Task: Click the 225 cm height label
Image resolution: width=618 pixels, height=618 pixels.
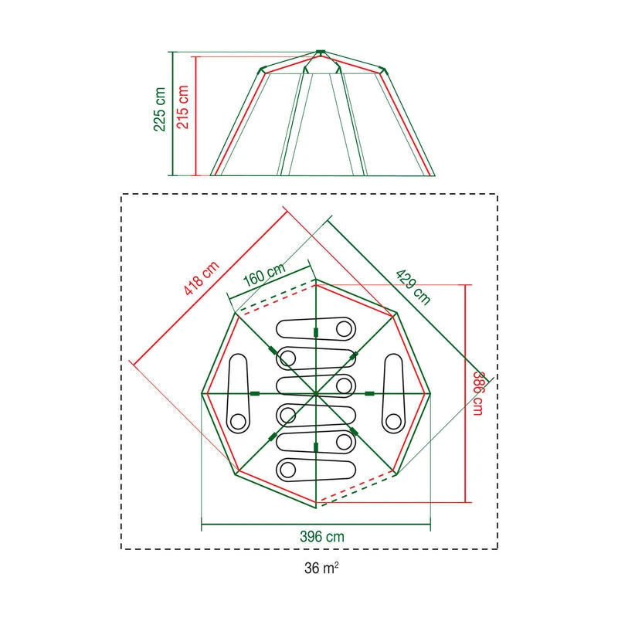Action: [x=160, y=109]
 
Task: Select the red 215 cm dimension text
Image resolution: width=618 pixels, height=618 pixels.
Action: [x=183, y=109]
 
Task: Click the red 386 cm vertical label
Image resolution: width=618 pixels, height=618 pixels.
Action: [x=479, y=392]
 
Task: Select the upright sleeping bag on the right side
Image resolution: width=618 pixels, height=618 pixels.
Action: [x=394, y=392]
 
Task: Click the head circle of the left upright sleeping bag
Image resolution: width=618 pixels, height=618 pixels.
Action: [x=238, y=420]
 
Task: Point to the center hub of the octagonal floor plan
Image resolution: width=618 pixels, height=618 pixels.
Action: [x=316, y=394]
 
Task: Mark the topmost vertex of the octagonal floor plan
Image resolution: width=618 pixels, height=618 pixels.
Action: [x=316, y=280]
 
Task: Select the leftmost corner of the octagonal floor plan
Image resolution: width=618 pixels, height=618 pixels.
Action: [x=203, y=394]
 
